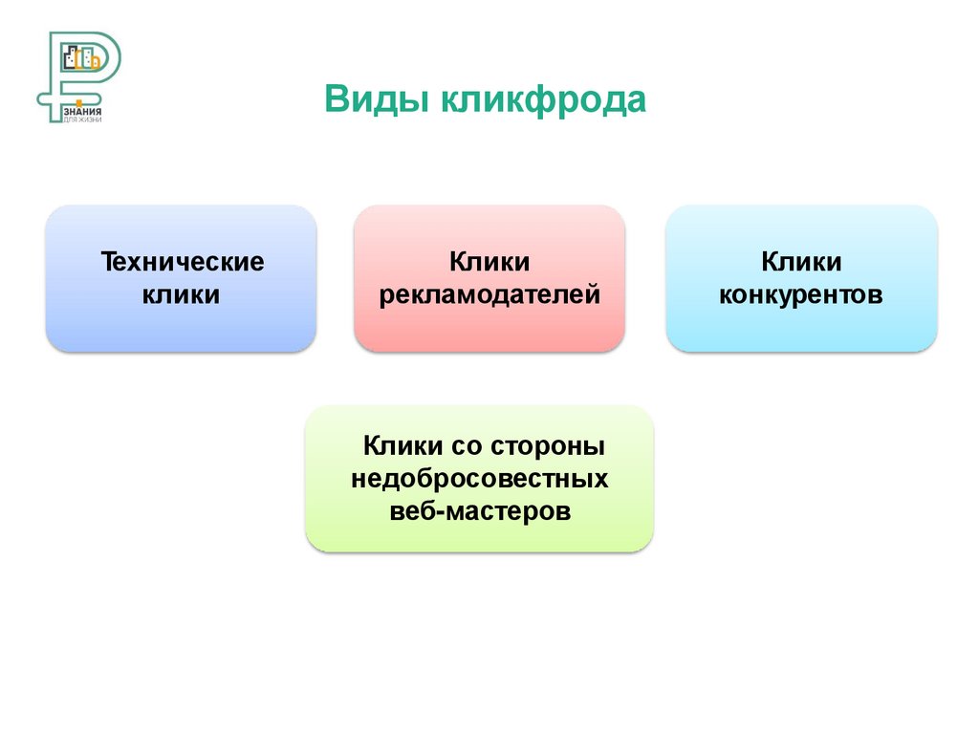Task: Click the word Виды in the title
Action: click(x=376, y=99)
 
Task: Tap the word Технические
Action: click(x=182, y=261)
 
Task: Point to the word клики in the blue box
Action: click(x=182, y=294)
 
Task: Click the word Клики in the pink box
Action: click(x=490, y=261)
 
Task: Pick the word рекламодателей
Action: click(x=490, y=294)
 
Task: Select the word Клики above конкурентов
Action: click(x=801, y=261)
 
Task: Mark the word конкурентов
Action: click(x=801, y=294)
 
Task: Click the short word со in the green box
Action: click(x=466, y=445)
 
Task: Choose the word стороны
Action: click(x=549, y=445)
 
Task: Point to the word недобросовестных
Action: click(x=480, y=478)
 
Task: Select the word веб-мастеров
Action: click(x=480, y=511)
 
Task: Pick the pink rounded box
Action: click(x=490, y=330)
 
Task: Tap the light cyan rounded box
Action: click(x=801, y=330)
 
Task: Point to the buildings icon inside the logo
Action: click(x=81, y=59)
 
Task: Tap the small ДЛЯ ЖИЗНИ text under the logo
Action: click(x=80, y=119)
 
